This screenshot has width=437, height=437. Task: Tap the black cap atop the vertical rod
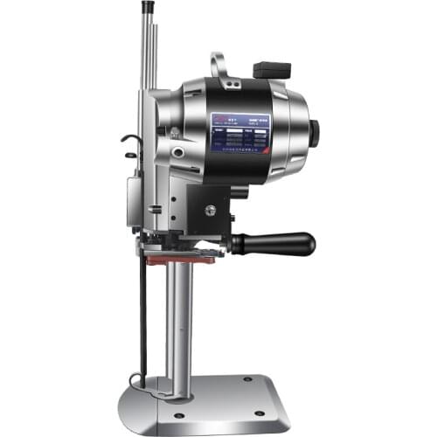[x=147, y=7]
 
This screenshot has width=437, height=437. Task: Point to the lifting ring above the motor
[x=218, y=66]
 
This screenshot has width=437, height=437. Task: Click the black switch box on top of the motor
[x=271, y=69]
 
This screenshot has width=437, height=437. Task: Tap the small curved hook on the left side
[x=129, y=142]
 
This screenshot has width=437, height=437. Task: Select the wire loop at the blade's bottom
[x=135, y=380]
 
